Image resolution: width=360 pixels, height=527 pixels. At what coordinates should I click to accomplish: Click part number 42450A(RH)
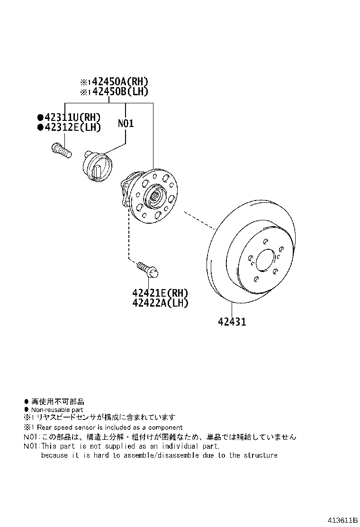pyautogui.click(x=120, y=82)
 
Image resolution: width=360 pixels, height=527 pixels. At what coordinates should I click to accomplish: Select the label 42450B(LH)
pyautogui.click(x=120, y=91)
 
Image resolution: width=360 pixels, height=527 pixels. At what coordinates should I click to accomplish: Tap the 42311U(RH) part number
pyautogui.click(x=72, y=118)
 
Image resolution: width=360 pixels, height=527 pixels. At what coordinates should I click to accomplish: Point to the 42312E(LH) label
pyautogui.click(x=72, y=127)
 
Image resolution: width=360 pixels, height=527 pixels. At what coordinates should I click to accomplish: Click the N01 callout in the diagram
pyautogui.click(x=126, y=124)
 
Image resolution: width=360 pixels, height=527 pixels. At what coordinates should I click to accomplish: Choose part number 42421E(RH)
pyautogui.click(x=160, y=293)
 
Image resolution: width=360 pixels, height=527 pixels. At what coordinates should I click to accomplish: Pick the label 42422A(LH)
pyautogui.click(x=160, y=303)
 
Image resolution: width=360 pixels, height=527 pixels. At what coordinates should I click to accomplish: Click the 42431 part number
pyautogui.click(x=232, y=322)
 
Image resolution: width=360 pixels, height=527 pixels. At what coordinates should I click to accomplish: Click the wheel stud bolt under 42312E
pyautogui.click(x=62, y=150)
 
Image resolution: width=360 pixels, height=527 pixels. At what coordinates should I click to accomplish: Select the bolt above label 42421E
pyautogui.click(x=148, y=270)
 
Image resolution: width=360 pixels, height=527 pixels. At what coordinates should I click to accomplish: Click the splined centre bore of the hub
pyautogui.click(x=158, y=195)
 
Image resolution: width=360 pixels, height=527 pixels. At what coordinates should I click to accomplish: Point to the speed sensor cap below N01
pyautogui.click(x=97, y=166)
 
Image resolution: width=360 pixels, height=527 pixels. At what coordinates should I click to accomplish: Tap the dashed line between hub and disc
pyautogui.click(x=199, y=220)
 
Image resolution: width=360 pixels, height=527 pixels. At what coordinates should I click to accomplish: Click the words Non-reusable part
pyautogui.click(x=57, y=409)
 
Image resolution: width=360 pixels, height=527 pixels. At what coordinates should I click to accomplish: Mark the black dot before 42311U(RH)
pyautogui.click(x=40, y=118)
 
